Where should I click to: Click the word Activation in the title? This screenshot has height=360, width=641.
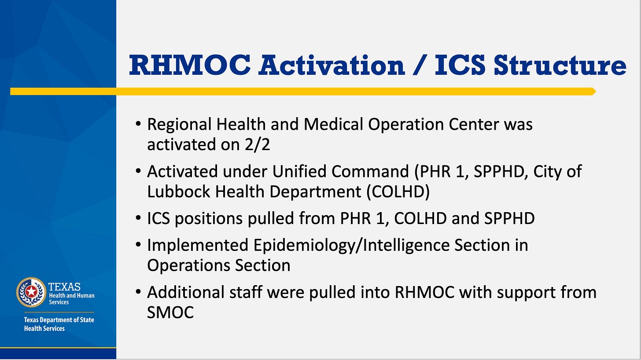pos(332,65)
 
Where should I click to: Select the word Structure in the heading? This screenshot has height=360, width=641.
pos(560,65)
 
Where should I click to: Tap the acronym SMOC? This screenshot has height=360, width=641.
pos(170,312)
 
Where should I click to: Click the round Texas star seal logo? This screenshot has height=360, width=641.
pos(31,291)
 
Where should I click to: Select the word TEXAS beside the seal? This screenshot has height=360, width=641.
pos(64,287)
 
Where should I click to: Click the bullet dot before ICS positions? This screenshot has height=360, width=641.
pos(139,218)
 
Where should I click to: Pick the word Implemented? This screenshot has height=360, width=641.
pos(197,245)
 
